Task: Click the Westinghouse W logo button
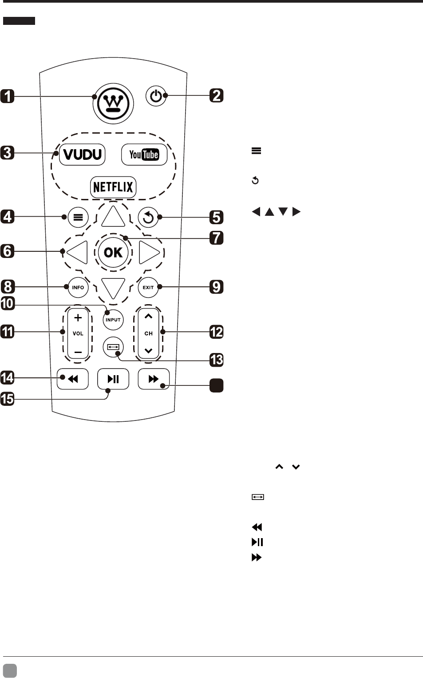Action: tap(113, 103)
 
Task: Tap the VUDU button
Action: tap(82, 155)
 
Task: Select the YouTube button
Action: tap(144, 155)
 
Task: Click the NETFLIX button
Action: tap(113, 187)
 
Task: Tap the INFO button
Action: tap(78, 287)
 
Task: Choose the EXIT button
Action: tap(148, 287)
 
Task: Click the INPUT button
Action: tap(113, 320)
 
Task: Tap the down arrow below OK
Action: tap(113, 288)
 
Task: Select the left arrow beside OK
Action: tap(78, 252)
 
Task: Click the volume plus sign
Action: tap(78, 317)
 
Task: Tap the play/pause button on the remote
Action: tap(113, 379)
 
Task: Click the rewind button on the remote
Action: tap(73, 379)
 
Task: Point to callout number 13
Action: tap(216, 360)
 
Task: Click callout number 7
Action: tap(216, 238)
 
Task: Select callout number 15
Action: tap(8, 399)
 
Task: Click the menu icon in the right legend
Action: tap(256, 151)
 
